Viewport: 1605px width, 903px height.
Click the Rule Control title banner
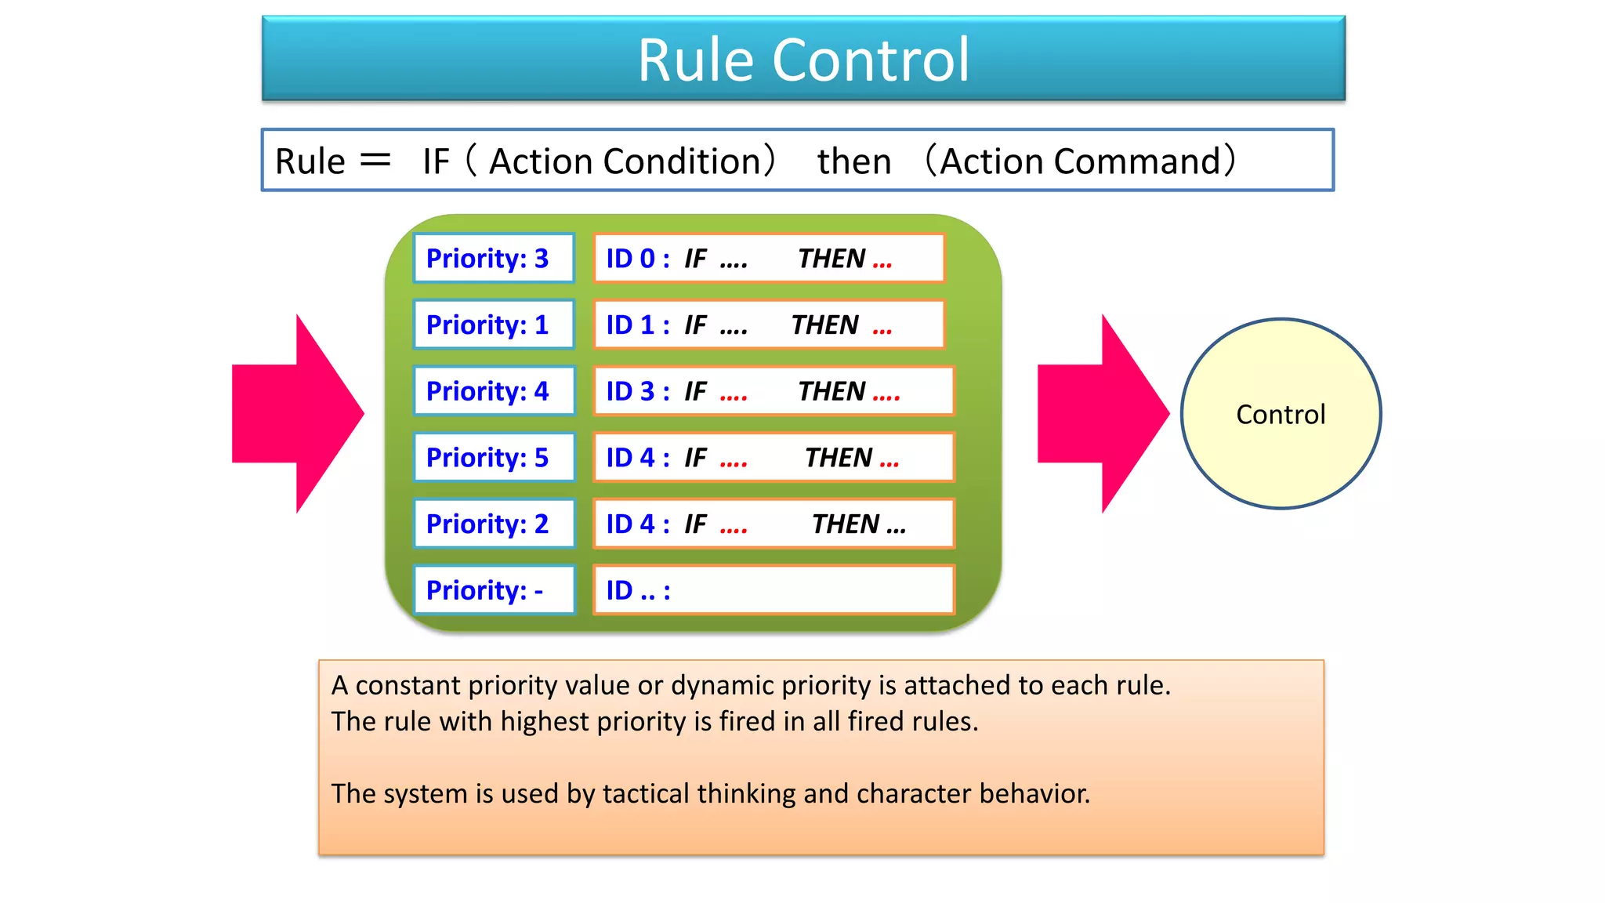click(803, 59)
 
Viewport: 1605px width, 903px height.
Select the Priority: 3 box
click(494, 258)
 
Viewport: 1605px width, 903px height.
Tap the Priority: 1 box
click(494, 325)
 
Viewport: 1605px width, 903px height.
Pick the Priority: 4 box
click(494, 390)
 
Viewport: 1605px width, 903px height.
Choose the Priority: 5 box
click(494, 457)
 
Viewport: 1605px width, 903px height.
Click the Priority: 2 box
click(494, 524)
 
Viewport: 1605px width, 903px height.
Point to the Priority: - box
click(494, 589)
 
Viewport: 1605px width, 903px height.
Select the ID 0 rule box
click(768, 258)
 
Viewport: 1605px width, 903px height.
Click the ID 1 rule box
click(768, 325)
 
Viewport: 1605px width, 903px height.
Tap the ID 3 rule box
click(773, 390)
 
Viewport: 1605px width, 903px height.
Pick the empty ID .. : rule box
click(773, 589)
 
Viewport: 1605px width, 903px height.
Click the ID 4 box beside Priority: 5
click(773, 457)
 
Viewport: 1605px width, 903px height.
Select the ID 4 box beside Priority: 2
click(773, 524)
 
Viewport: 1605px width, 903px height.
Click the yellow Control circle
click(1281, 414)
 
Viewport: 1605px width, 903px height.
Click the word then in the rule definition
click(854, 161)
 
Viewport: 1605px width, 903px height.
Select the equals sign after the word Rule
click(375, 161)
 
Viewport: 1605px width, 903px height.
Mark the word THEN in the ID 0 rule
click(831, 259)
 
